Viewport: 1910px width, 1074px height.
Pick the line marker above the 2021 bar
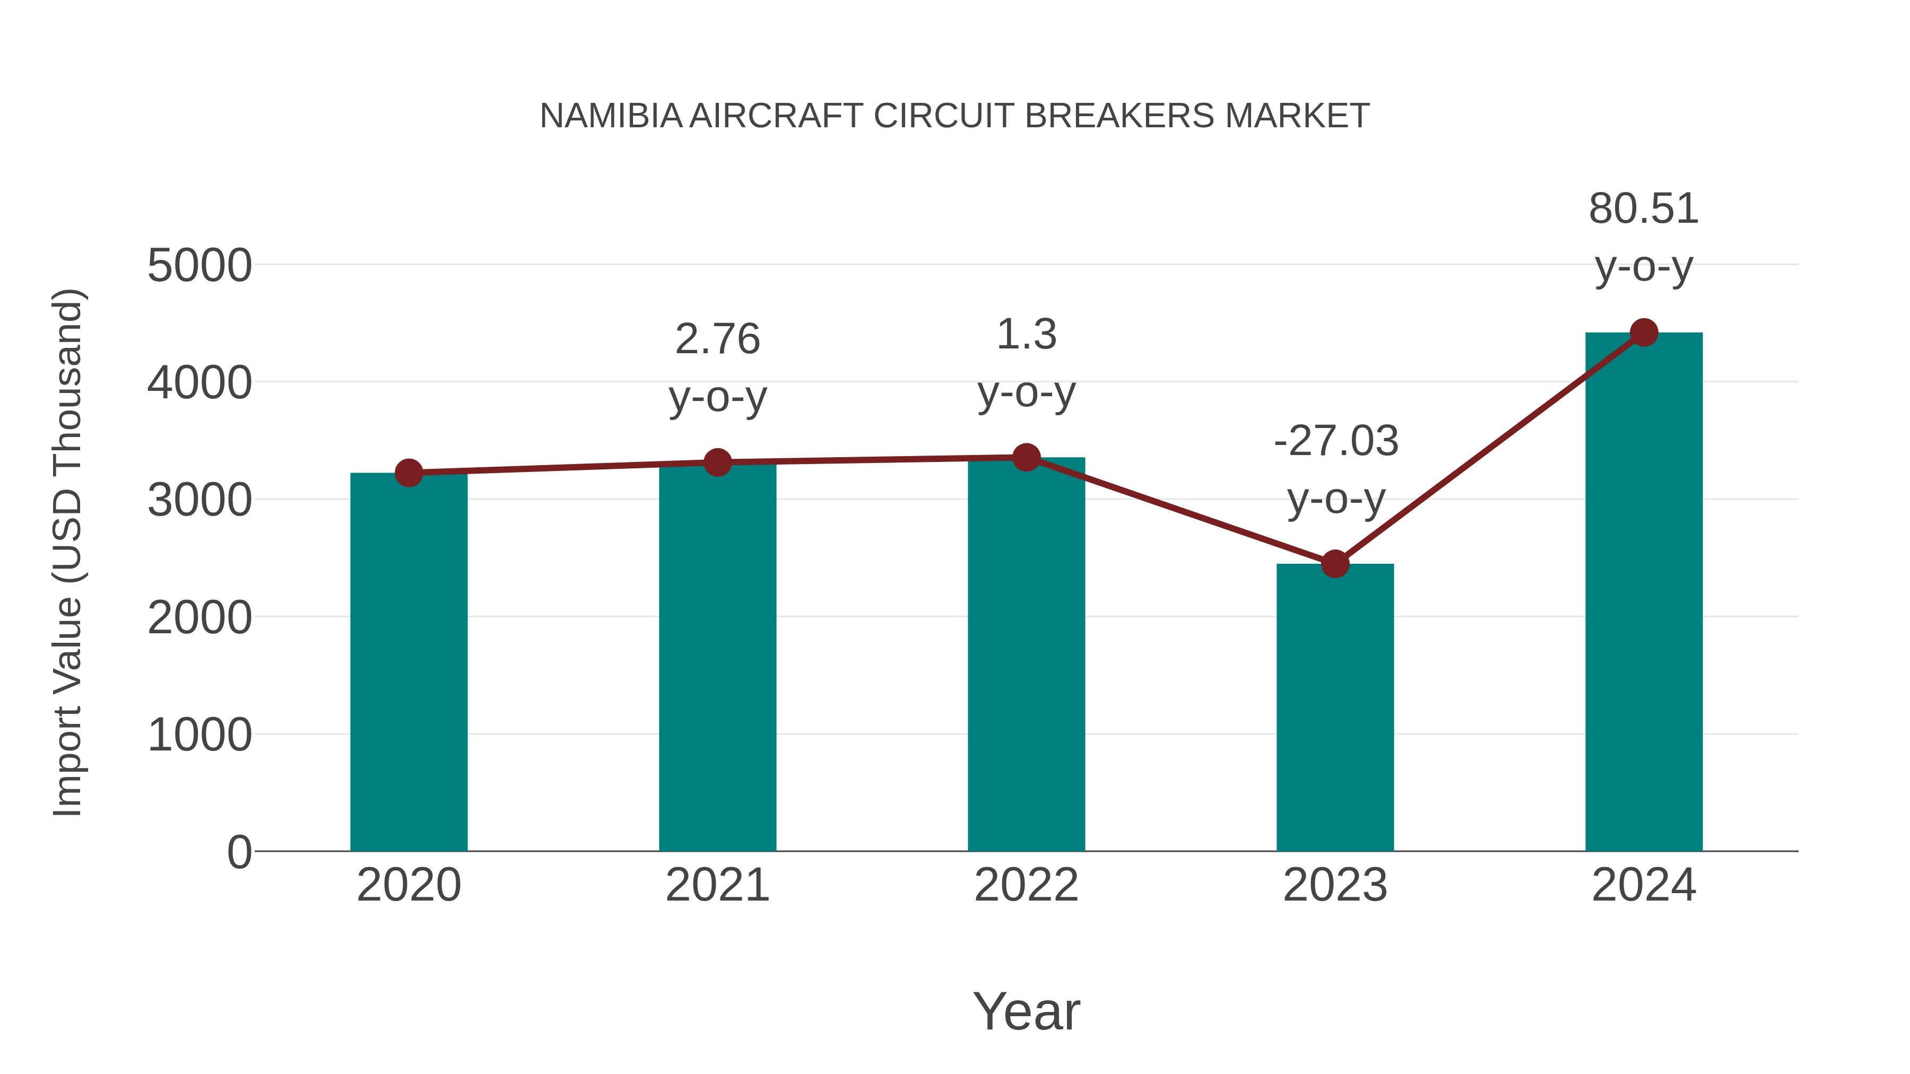717,462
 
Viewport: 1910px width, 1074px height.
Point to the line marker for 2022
1026,457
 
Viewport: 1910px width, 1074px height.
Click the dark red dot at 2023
1335,564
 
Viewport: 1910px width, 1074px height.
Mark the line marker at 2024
1644,333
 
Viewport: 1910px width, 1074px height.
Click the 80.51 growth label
1643,208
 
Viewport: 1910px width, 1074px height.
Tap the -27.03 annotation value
1335,441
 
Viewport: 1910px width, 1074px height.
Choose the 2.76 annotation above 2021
717,339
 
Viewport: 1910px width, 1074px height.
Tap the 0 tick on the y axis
239,852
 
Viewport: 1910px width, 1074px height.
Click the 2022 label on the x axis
1026,885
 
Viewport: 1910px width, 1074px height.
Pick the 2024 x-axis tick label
1644,885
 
